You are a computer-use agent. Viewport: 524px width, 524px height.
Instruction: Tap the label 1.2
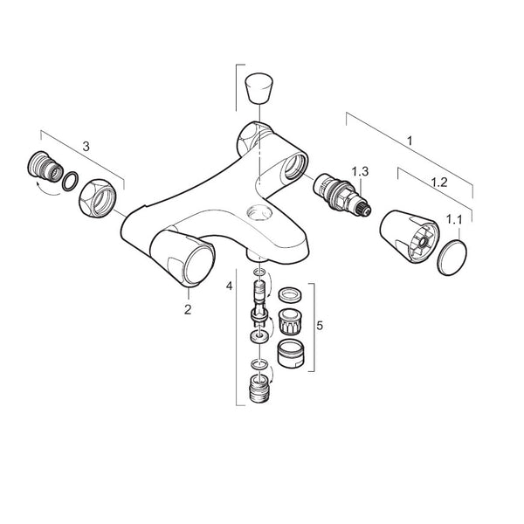coord(440,183)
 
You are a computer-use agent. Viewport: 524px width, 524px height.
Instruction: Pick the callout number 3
coord(85,148)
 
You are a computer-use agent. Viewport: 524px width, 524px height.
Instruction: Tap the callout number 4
coord(230,285)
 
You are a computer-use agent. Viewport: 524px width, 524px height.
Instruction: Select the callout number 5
coord(320,325)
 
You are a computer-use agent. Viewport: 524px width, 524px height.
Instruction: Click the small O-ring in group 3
coord(68,181)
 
